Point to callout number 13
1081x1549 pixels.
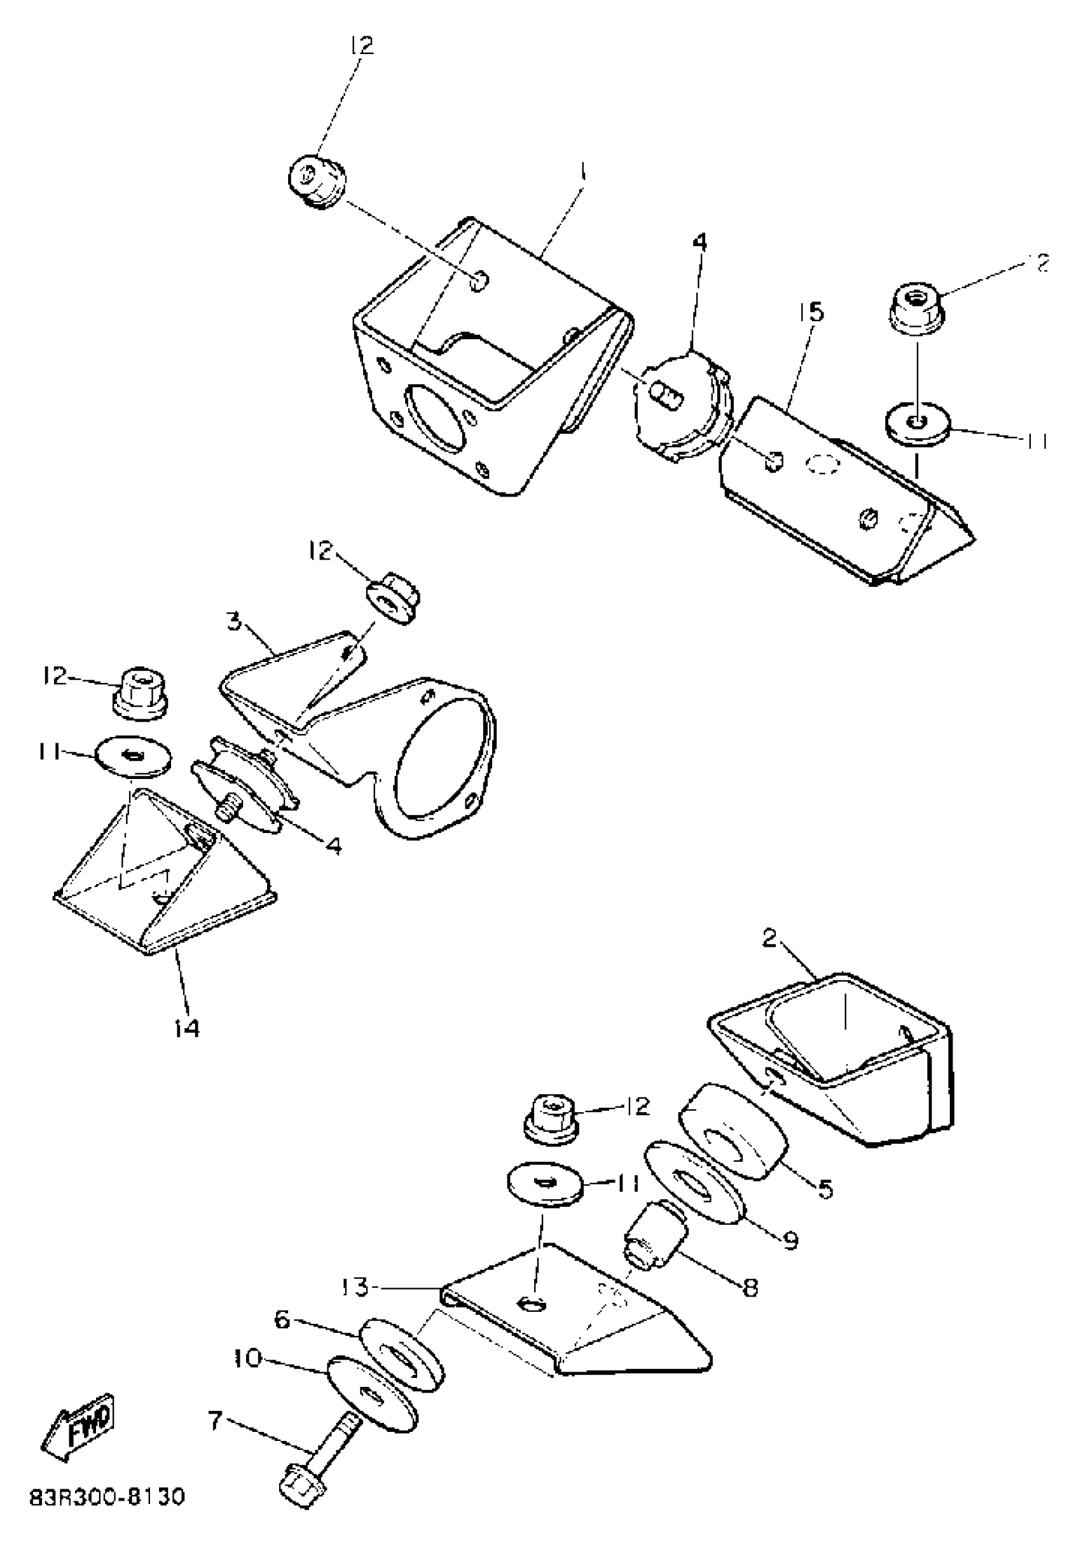point(355,1287)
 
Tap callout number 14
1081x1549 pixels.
point(186,1028)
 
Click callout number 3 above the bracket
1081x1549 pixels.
point(234,621)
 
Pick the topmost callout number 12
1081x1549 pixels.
point(362,45)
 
